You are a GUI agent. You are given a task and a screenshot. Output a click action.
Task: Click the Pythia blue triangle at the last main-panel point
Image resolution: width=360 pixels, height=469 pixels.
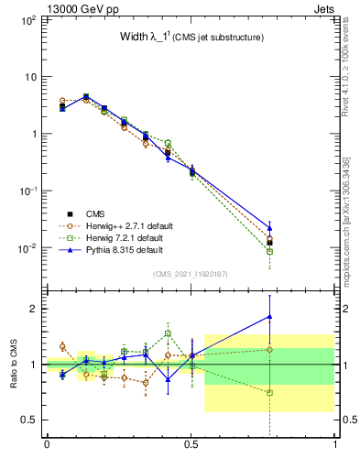click(x=269, y=228)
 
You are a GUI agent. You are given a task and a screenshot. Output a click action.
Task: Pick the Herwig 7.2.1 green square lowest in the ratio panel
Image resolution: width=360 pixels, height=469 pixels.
click(x=269, y=392)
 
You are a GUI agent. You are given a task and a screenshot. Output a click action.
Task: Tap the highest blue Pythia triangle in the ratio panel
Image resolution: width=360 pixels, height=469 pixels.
click(x=269, y=317)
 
